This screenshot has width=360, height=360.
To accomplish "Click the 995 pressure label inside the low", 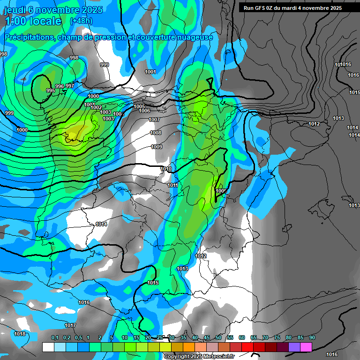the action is (x=50, y=90).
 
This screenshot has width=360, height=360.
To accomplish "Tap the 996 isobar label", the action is (x=60, y=86).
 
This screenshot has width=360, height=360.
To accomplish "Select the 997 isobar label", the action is (x=69, y=85).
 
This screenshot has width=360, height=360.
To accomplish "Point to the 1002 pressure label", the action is (x=96, y=107).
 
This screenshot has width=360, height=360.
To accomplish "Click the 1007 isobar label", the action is (x=154, y=120).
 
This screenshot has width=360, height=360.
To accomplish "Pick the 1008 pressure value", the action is (x=156, y=133).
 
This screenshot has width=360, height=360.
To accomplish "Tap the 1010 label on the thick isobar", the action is (x=166, y=169).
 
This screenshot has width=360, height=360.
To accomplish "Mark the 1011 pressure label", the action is (x=172, y=185).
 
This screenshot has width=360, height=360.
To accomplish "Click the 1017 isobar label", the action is (x=70, y=325).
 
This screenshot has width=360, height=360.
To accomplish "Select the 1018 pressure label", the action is (x=20, y=334).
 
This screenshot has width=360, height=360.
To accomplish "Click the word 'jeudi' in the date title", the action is (x=15, y=10).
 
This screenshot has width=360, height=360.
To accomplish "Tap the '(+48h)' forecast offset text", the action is (x=81, y=21).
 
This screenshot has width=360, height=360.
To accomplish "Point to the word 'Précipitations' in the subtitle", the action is (x=28, y=37).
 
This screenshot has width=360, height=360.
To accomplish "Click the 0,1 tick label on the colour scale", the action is (x=54, y=337).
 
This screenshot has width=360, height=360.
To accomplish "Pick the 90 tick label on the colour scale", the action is (x=312, y=337).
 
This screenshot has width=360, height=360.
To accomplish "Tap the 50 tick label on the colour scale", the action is (x=218, y=337).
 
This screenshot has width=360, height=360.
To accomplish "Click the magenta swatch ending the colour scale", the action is (x=306, y=347).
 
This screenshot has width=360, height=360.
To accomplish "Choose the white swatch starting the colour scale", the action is (x=48, y=347).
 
